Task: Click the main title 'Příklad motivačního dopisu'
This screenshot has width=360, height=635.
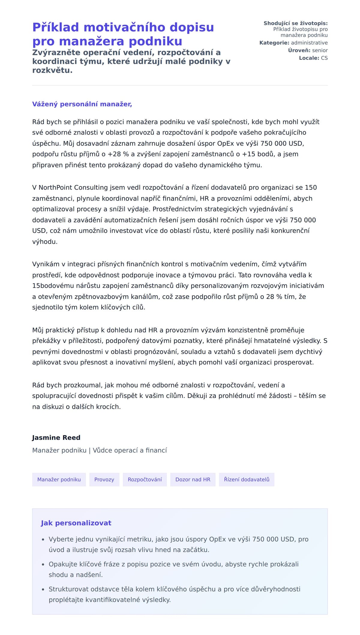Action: [123, 28]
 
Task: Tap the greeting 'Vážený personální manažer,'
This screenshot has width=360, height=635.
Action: [82, 104]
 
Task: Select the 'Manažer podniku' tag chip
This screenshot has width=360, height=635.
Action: [59, 479]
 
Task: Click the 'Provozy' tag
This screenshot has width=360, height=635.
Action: [104, 479]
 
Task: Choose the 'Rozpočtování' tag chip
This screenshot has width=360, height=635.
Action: [145, 479]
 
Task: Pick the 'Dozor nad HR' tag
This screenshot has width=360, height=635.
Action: [193, 479]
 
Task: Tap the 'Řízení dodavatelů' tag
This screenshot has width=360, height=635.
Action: [246, 479]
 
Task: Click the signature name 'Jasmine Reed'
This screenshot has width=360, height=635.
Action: [56, 437]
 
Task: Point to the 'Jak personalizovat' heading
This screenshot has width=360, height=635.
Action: [76, 523]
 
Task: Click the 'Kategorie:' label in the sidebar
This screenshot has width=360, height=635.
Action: [274, 43]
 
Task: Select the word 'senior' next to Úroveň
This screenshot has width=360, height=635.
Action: [320, 50]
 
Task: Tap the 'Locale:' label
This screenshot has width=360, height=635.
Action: [309, 58]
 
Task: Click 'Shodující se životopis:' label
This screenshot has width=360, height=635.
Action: [295, 23]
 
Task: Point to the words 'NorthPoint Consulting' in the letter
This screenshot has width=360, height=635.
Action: [73, 187]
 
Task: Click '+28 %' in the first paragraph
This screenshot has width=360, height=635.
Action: [118, 154]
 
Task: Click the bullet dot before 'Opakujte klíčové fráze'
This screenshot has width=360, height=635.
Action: [43, 565]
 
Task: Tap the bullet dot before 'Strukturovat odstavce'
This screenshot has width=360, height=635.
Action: [43, 589]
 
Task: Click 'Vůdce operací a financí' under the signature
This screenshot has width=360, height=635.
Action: [130, 450]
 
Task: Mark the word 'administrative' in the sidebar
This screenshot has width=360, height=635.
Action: [309, 43]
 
